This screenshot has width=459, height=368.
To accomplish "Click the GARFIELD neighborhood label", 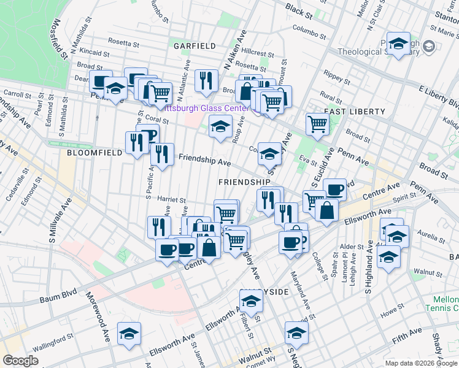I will tap(194, 46).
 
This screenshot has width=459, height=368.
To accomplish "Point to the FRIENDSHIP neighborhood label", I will tap(244, 182).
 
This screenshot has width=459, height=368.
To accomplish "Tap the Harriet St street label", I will tap(172, 200).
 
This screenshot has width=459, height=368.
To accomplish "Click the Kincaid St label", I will tap(93, 54).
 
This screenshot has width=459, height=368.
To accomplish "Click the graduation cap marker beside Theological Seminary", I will tap(398, 43).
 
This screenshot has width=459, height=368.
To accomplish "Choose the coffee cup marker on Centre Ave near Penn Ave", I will tap(334, 189).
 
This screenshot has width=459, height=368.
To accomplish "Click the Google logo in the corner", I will tap(21, 361).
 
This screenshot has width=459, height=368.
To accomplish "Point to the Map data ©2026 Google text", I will tap(420, 363).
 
